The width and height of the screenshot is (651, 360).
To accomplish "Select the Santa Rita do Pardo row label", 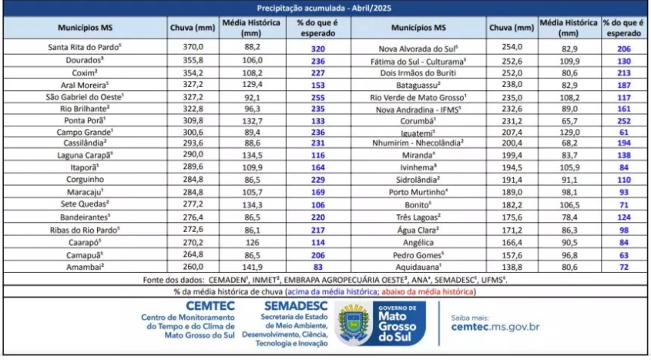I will pyautogui.click(x=86, y=47).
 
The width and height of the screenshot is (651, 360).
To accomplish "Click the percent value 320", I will pyautogui.click(x=317, y=47).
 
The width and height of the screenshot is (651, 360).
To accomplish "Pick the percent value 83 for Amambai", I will pyautogui.click(x=318, y=267).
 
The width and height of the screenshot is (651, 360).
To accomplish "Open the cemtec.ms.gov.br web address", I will pyautogui.click(x=495, y=327).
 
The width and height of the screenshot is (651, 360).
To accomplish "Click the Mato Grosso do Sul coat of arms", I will pyautogui.click(x=354, y=324).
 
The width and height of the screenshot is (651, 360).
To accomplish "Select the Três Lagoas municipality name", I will pyautogui.click(x=418, y=218).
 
